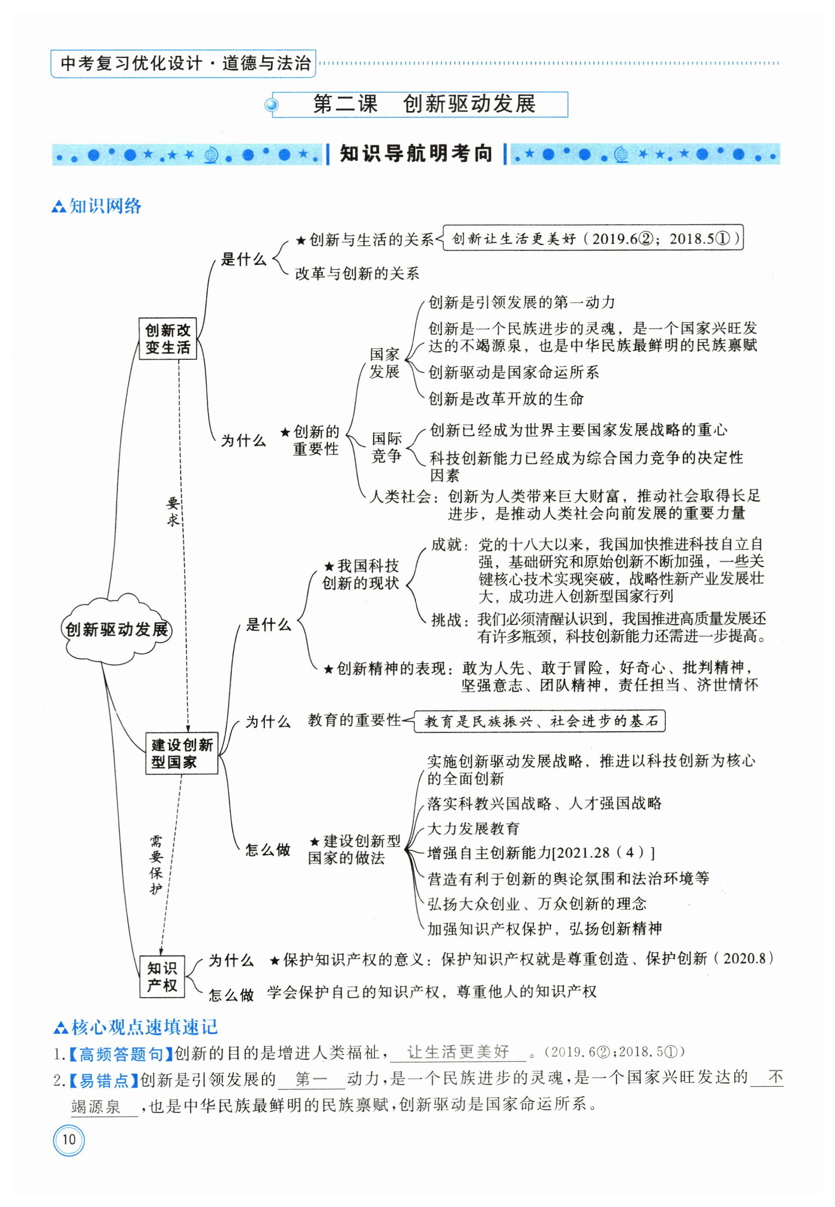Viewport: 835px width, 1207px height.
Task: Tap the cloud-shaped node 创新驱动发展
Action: (116, 629)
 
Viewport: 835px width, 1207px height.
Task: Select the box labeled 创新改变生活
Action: (168, 339)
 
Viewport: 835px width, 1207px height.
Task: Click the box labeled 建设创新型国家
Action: (182, 753)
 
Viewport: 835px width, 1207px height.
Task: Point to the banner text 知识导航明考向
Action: (416, 154)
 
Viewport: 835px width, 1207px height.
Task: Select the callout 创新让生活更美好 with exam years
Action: (593, 239)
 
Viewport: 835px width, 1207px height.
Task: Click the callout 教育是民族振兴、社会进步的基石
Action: (540, 721)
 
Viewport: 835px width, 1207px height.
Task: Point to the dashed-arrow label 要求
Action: (173, 511)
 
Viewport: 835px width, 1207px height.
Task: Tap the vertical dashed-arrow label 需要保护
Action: (156, 865)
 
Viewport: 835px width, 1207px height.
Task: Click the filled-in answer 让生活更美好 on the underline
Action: (458, 1051)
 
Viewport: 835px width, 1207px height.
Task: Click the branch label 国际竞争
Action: (386, 446)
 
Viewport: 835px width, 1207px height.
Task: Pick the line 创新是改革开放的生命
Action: (506, 399)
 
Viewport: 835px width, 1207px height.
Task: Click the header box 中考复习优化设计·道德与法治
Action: (183, 63)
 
